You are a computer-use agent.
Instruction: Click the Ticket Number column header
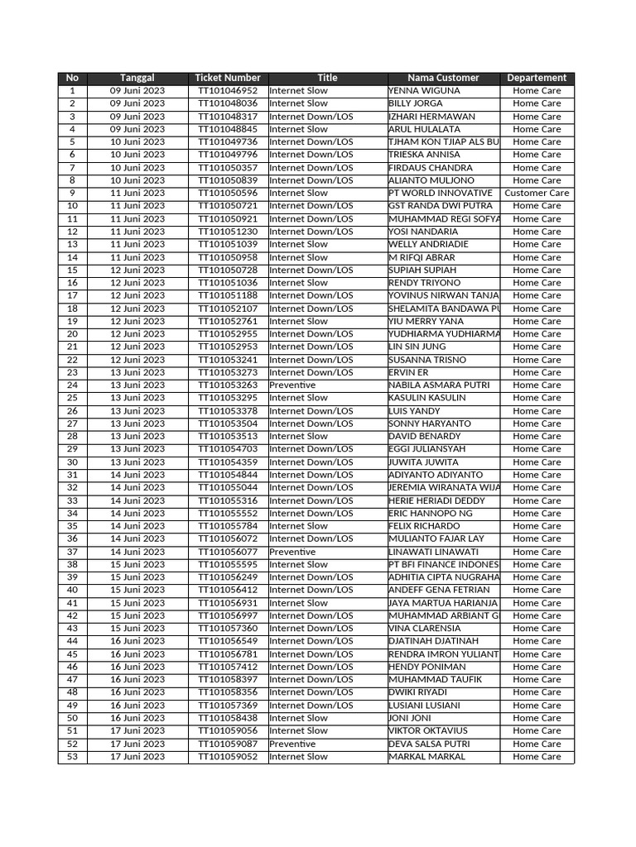tap(227, 78)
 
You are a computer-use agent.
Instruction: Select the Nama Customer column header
tap(443, 78)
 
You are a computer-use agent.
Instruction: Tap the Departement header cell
tap(537, 78)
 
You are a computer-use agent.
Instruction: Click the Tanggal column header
tap(137, 78)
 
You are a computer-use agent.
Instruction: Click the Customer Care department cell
tap(537, 193)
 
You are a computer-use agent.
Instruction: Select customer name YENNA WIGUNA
tap(424, 91)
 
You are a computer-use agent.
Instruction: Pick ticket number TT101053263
tap(227, 385)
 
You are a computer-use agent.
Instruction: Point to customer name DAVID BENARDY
tap(425, 436)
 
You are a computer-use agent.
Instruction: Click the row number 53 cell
tap(72, 757)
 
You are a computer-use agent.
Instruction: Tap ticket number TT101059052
tap(227, 757)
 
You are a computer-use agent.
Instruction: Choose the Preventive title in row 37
tap(292, 552)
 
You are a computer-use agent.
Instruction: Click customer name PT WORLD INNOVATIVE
tap(441, 193)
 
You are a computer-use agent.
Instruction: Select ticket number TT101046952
tap(227, 91)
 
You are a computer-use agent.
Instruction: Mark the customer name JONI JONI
tap(410, 718)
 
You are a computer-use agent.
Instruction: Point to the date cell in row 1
tap(137, 91)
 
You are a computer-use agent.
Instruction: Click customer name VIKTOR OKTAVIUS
tap(428, 731)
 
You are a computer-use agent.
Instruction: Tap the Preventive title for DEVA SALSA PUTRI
tap(292, 744)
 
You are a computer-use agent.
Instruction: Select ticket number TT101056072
tap(227, 538)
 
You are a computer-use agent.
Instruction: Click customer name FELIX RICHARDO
tap(424, 526)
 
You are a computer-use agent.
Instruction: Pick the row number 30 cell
tap(72, 462)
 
